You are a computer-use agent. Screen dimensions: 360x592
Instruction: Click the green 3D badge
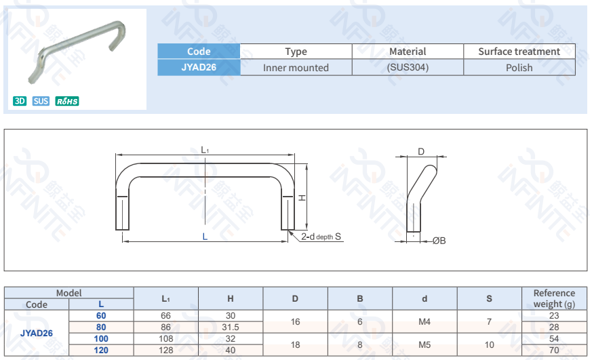20,101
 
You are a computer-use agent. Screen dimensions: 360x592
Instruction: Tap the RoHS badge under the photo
67,101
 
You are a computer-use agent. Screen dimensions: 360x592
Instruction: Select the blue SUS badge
41,101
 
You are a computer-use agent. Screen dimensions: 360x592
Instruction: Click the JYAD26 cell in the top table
199,67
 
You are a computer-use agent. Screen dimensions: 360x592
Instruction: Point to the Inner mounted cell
296,67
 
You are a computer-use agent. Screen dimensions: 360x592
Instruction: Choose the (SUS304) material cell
408,67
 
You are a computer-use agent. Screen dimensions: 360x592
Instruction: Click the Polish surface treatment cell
519,67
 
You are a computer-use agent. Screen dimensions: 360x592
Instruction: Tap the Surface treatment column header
519,52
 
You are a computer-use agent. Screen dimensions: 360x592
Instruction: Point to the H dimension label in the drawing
302,197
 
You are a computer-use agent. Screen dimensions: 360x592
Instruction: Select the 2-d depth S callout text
321,237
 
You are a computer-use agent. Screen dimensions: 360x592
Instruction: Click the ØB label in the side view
439,241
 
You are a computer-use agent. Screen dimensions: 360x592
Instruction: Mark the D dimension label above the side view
420,152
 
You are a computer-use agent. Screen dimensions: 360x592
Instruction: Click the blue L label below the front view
205,237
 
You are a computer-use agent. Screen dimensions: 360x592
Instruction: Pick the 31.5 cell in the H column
231,327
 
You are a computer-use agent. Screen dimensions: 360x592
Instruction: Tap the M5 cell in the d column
425,344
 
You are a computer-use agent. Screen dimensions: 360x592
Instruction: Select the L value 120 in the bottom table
101,350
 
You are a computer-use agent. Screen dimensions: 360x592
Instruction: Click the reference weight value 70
554,350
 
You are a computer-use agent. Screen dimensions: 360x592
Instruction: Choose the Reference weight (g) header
554,298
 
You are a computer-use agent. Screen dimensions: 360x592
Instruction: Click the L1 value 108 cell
166,338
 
